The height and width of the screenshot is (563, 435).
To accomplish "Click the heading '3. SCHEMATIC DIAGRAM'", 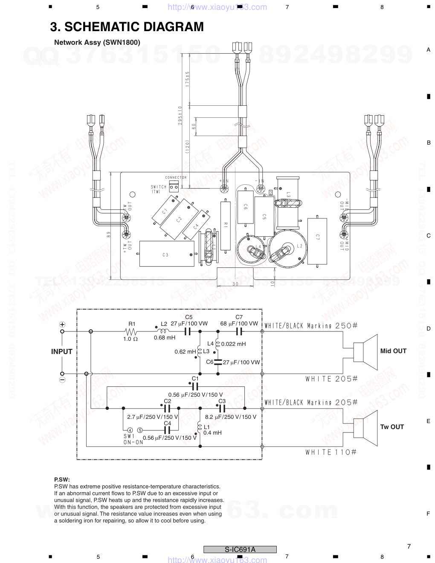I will tap(127, 27).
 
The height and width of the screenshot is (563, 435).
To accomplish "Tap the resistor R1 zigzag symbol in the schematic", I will tap(131, 331).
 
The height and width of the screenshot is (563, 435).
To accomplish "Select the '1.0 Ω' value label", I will tap(130, 339).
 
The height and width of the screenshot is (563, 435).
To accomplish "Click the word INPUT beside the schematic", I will tap(62, 351).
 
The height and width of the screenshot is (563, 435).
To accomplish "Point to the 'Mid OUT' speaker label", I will tap(393, 351).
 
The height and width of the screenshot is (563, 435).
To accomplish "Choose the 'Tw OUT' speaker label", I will tap(392, 427).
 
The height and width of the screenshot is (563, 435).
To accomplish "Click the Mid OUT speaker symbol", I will tap(366, 352).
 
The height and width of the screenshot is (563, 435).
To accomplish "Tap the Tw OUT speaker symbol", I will tap(366, 428).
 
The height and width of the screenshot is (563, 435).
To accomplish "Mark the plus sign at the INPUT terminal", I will tap(62, 325).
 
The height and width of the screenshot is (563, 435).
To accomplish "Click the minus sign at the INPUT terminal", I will tap(62, 380).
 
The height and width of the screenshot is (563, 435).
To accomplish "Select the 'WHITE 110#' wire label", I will tap(331, 452).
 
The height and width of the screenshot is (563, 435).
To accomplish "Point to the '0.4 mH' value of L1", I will tap(212, 433).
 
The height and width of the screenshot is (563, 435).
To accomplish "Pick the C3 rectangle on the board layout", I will tap(166, 255).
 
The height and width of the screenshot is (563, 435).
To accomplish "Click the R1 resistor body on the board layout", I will tap(226, 225).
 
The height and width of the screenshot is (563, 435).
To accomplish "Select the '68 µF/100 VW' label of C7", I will tap(239, 324).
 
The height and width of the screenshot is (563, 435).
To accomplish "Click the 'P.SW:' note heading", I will tap(62, 479).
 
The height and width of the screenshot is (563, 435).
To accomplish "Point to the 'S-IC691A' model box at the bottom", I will tap(240, 549).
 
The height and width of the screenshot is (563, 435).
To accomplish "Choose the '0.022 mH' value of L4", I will tap(233, 344).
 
